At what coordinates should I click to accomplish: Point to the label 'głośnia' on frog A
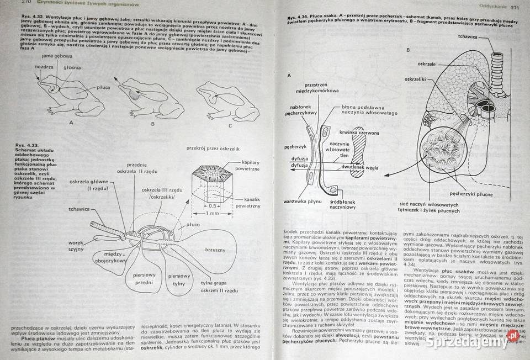click(x=72, y=68)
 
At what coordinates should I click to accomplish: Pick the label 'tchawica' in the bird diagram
click(x=79, y=209)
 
